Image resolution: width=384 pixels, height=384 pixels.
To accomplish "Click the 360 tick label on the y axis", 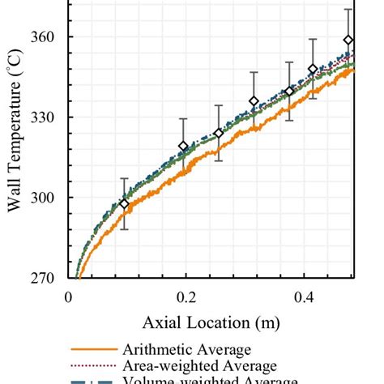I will pyautogui.click(x=43, y=37).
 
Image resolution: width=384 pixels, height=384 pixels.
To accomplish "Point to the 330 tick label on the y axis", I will pyautogui.click(x=43, y=117).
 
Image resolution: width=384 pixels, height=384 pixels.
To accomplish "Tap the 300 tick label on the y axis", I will pyautogui.click(x=43, y=198).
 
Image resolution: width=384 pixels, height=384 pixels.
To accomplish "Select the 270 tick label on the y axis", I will pyautogui.click(x=43, y=278).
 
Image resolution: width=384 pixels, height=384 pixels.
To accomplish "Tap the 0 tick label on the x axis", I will pyautogui.click(x=69, y=297).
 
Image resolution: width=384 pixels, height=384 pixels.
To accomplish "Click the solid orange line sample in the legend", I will pyautogui.click(x=92, y=350).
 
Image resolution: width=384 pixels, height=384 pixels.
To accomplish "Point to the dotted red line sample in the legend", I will pyautogui.click(x=92, y=366).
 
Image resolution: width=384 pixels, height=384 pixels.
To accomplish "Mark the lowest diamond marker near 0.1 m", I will pyautogui.click(x=124, y=204).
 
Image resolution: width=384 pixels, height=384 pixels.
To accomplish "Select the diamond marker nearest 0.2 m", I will pyautogui.click(x=183, y=146).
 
